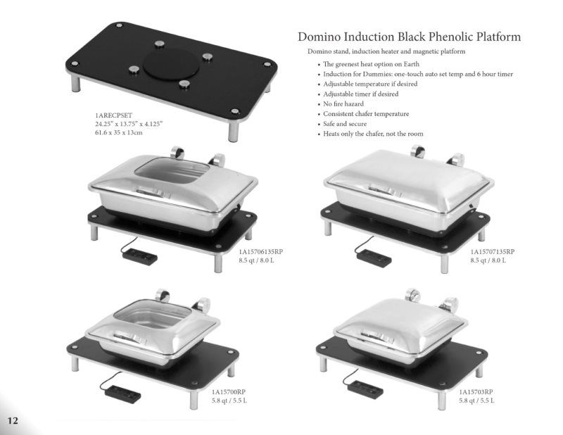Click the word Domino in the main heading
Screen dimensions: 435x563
click(x=321, y=37)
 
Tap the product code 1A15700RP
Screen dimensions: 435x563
click(x=229, y=392)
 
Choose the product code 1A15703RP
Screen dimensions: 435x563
click(x=476, y=392)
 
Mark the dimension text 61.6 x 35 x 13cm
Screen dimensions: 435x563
click(x=119, y=132)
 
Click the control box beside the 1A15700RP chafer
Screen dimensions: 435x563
click(x=115, y=389)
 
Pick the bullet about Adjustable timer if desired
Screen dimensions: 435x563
click(x=361, y=94)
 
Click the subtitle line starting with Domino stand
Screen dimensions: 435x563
click(x=386, y=52)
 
